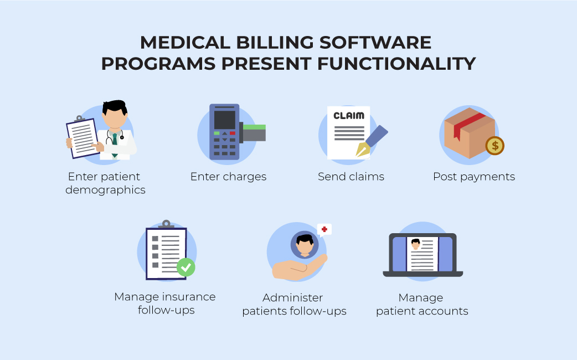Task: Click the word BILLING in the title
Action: tap(275, 42)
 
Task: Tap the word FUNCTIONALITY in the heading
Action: tap(396, 64)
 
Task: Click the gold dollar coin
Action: tap(494, 146)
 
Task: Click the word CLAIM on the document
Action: tap(348, 116)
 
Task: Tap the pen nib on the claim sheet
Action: tap(363, 150)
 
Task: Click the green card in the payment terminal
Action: tap(254, 127)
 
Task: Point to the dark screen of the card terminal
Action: tap(224, 119)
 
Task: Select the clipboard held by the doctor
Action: tap(83, 137)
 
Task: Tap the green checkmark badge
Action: tap(186, 268)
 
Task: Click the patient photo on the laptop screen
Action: tap(416, 244)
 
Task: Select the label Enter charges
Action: tap(229, 177)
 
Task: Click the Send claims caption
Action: tap(351, 177)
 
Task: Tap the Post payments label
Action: tap(474, 177)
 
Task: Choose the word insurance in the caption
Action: tap(189, 297)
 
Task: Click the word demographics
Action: tap(106, 190)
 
